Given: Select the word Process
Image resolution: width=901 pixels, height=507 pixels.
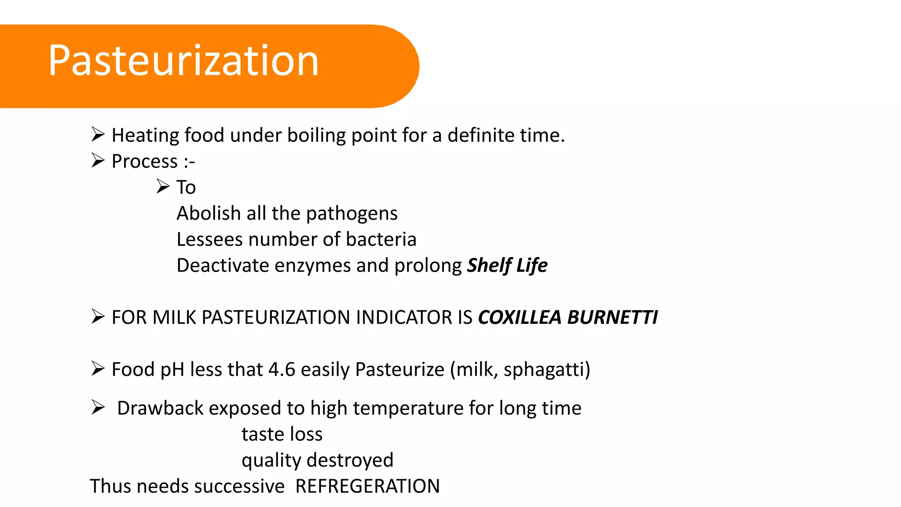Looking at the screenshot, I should coord(145,162).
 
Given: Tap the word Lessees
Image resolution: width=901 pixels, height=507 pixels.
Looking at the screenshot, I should coord(209,239).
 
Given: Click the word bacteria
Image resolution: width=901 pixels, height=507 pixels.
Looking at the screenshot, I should coord(381,239).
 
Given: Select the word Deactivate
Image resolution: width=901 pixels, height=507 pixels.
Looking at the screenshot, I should coord(223,265).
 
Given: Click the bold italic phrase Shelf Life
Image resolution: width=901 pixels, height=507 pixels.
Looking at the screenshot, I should coord(507,265).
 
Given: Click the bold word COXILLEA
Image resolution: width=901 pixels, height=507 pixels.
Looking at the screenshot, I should coord(519,317).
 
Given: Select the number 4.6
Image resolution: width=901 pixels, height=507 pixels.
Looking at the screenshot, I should coord(282,369).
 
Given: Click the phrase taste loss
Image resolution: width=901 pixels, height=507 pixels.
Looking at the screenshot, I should coord(282,434).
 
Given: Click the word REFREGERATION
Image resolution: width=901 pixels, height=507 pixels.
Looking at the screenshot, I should coord(367,486).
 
